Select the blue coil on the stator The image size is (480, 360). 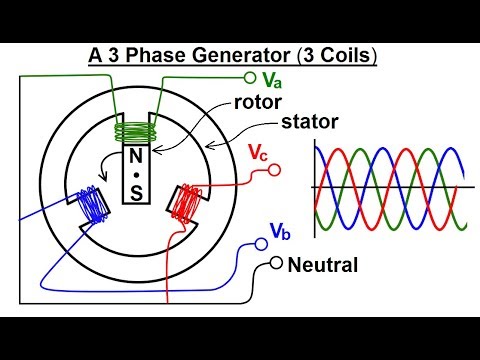92,204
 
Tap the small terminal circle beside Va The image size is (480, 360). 250,76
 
